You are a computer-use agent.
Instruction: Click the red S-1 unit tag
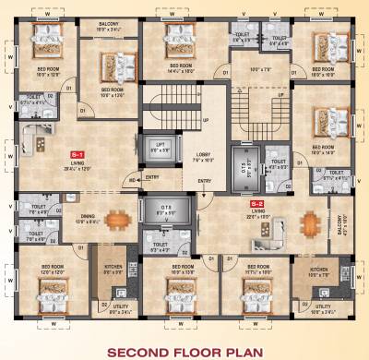[77, 154]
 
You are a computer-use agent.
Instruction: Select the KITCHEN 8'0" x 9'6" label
[113, 270]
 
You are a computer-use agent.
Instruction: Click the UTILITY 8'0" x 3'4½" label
[113, 312]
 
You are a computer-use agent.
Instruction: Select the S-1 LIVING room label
[77, 167]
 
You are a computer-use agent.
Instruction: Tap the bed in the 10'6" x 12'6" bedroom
[111, 65]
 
